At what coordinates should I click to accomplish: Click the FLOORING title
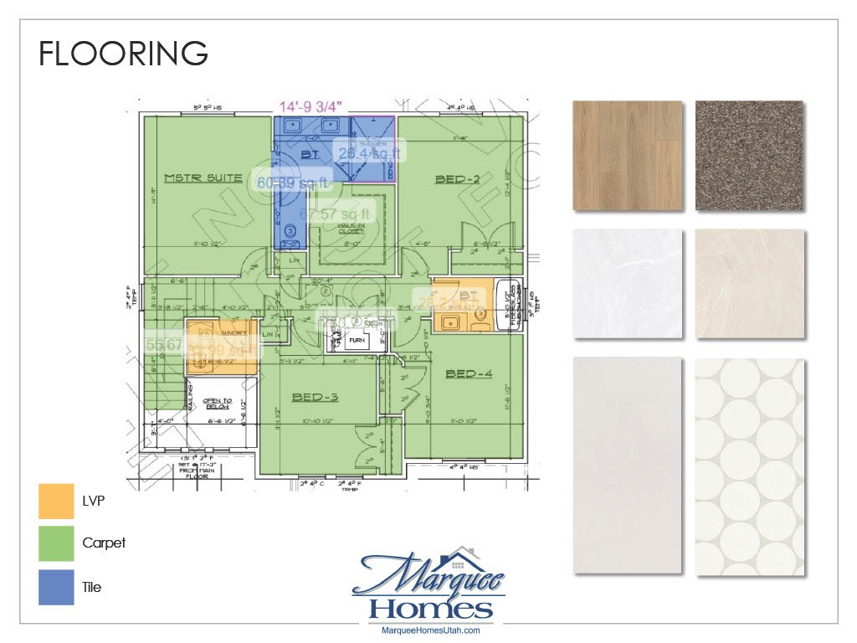[123, 53]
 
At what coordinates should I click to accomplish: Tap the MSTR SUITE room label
[203, 177]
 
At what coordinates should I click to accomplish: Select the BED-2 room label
[456, 179]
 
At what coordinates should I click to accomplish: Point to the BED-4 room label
[469, 373]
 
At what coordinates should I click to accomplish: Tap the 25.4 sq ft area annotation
[369, 152]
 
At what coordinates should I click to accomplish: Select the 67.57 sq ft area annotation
[334, 214]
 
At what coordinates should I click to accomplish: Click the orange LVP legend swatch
[56, 500]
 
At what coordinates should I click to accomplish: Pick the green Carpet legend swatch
[56, 543]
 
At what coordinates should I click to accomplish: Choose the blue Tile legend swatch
[56, 587]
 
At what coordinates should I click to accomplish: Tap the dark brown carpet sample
[749, 156]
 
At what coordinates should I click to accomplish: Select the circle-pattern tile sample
[749, 466]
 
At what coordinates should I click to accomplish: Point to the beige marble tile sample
[749, 284]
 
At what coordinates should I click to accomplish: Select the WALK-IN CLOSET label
[350, 229]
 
